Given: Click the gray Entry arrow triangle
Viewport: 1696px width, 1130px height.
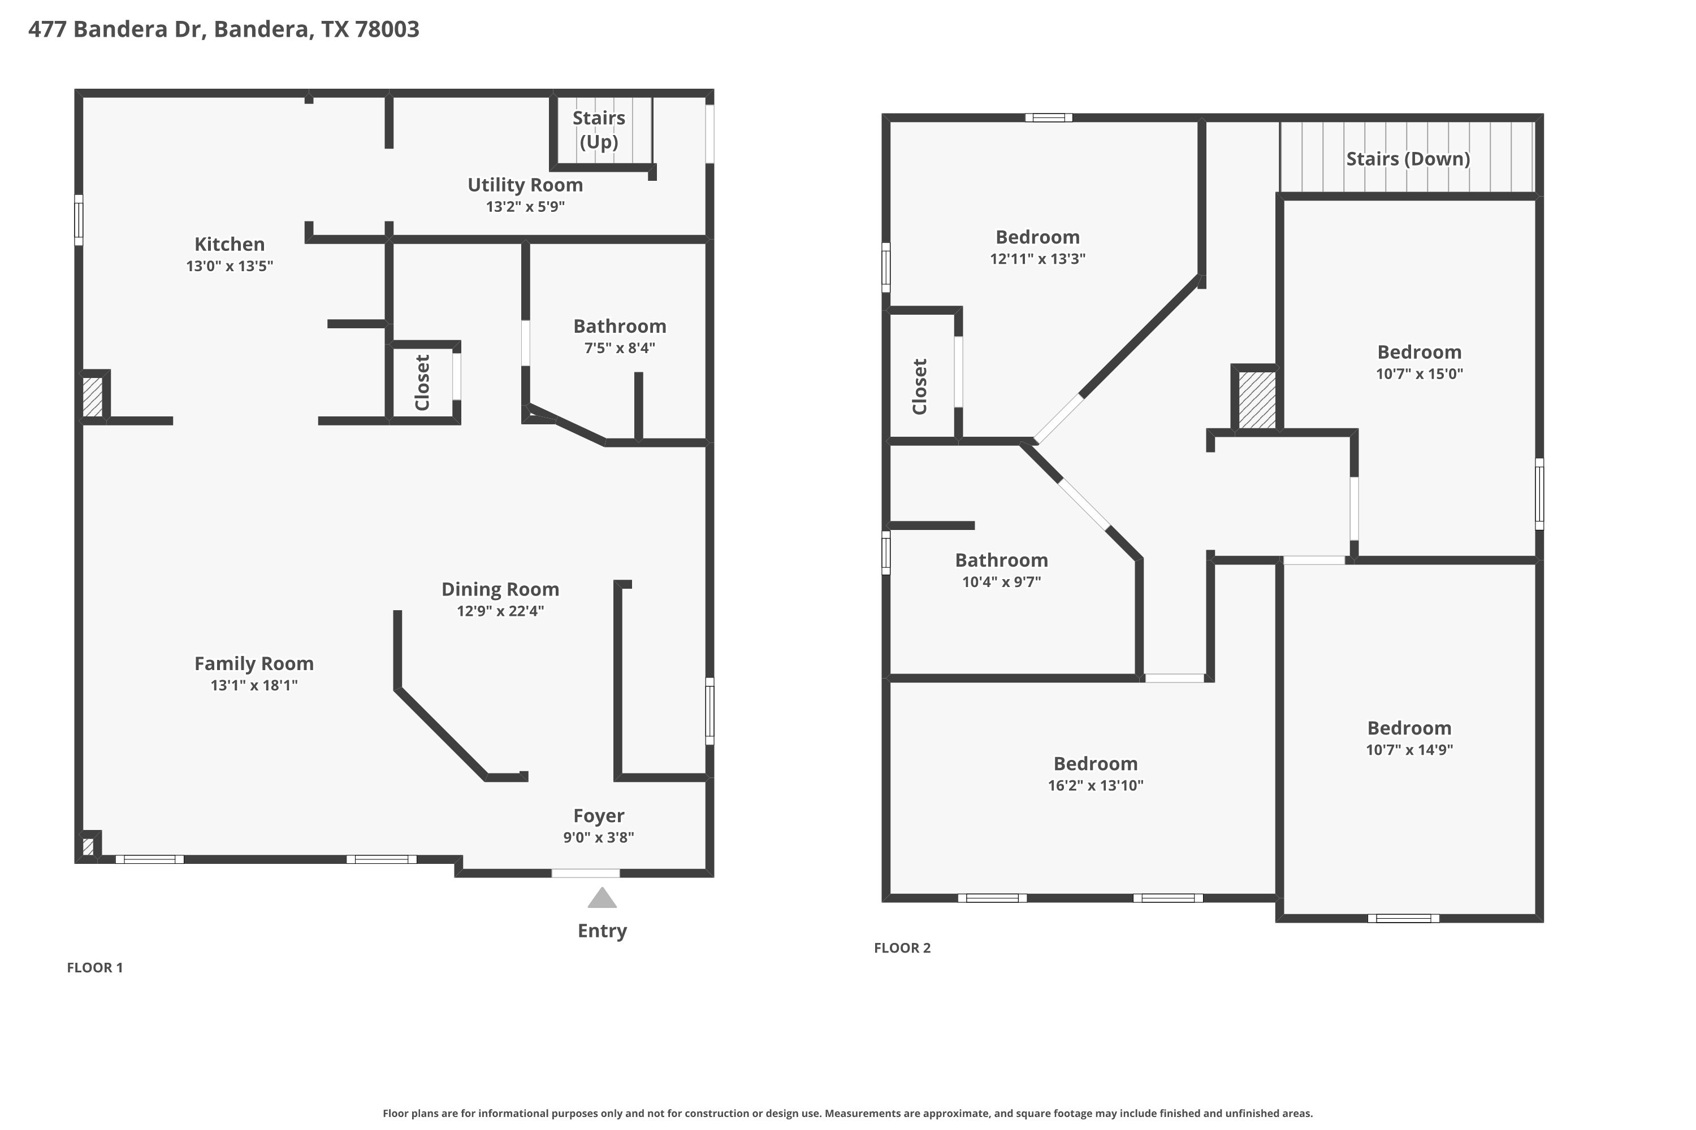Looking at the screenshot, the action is tap(602, 898).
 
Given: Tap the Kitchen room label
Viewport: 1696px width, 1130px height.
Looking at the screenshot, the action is tap(230, 244).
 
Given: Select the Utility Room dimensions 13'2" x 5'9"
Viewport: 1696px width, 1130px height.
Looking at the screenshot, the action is tap(525, 207).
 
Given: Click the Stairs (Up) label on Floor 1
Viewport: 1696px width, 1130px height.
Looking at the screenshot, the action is tap(599, 130).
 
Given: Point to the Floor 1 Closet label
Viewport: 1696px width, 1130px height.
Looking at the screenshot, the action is tap(422, 383).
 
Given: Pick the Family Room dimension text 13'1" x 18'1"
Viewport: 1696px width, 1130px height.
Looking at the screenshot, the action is tap(254, 685).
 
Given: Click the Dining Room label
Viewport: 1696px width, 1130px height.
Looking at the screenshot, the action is tap(500, 589).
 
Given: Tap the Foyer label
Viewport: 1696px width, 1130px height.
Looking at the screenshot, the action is tap(599, 816).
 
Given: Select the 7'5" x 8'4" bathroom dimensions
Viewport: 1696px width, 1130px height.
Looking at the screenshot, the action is tap(620, 348).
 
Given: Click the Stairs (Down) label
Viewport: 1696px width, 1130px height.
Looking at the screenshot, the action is tap(1408, 159).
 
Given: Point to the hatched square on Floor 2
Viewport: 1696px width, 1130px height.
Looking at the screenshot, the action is tap(1257, 400).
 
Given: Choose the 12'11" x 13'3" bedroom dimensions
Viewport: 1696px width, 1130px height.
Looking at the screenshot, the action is tap(1037, 259).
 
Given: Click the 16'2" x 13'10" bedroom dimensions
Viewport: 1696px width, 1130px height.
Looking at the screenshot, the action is tap(1096, 785).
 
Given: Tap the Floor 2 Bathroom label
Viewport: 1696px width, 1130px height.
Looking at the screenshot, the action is tap(1002, 560).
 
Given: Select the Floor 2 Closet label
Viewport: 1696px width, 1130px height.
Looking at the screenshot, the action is tap(919, 387).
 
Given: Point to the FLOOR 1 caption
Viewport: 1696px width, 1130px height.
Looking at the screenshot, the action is tap(95, 968).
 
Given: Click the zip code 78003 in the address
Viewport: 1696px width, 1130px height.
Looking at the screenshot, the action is tap(387, 29).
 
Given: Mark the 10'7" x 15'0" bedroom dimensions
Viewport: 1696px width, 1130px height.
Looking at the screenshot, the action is tap(1419, 374).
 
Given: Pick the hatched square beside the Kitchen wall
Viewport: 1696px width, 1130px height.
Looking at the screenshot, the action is tap(92, 397).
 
